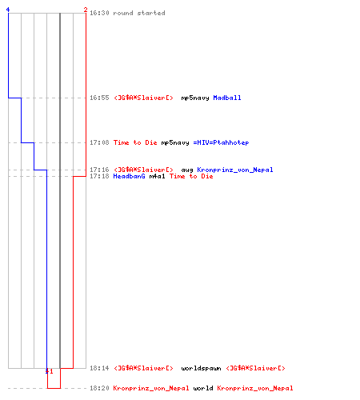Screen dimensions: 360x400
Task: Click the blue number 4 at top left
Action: [x=8, y=10]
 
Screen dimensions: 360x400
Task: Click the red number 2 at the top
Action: [x=86, y=10]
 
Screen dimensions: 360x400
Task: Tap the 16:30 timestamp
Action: [x=99, y=13]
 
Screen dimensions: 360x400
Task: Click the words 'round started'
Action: [x=139, y=13]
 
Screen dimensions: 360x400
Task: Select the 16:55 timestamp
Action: [x=99, y=98]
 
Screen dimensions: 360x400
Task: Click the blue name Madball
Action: [x=227, y=98]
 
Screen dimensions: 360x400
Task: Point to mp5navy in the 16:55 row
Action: [x=195, y=98]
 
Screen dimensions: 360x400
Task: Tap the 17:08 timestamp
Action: [x=99, y=142]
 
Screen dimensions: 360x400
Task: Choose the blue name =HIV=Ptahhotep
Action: [x=221, y=142]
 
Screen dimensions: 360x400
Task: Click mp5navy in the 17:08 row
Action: [x=175, y=143]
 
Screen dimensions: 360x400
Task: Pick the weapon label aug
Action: [x=187, y=170]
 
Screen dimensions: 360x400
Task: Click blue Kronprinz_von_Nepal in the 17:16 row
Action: [x=235, y=170]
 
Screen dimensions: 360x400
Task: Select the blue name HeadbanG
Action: [x=129, y=176]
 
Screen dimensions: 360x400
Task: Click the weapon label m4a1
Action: [x=157, y=176]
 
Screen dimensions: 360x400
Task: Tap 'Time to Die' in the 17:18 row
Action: [x=191, y=176]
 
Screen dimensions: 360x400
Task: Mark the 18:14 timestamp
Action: [x=99, y=368]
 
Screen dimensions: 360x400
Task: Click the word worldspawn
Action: [x=201, y=368]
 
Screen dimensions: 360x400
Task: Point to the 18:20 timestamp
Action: [x=99, y=388]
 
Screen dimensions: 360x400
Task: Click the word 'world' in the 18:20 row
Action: [x=203, y=388]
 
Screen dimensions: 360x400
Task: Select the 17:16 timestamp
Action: [x=99, y=170]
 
